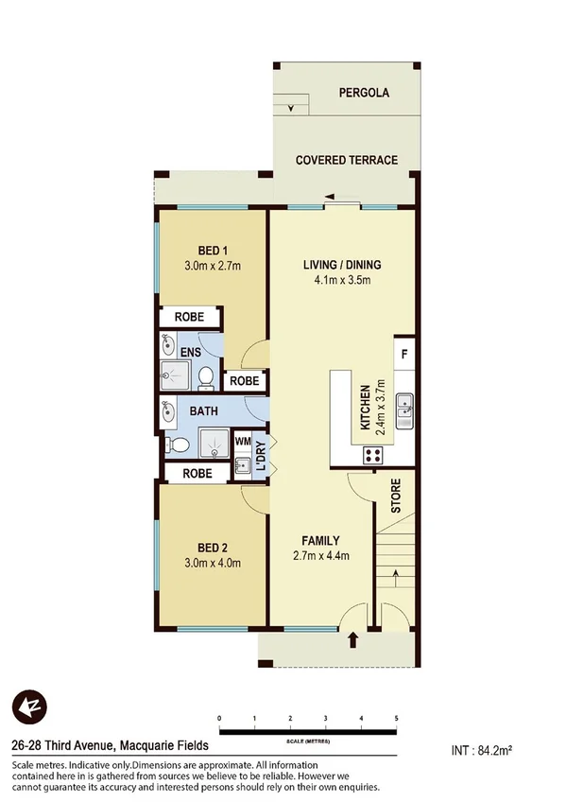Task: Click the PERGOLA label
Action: [x=364, y=93]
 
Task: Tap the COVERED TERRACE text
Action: [x=347, y=161]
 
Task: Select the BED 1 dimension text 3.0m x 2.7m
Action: [x=213, y=267]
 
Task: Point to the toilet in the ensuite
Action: [x=205, y=379]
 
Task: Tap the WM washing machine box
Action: [x=243, y=442]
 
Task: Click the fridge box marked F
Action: [x=403, y=355]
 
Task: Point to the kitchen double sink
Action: [x=404, y=409]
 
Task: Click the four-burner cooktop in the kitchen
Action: [x=372, y=454]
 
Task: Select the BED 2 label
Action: [x=213, y=547]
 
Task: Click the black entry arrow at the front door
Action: [x=354, y=640]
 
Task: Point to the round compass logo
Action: [x=29, y=707]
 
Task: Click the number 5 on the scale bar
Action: [x=396, y=719]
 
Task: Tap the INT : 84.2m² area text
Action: [x=482, y=751]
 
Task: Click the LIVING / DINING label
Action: [x=341, y=264]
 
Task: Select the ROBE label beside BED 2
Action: [x=197, y=473]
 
